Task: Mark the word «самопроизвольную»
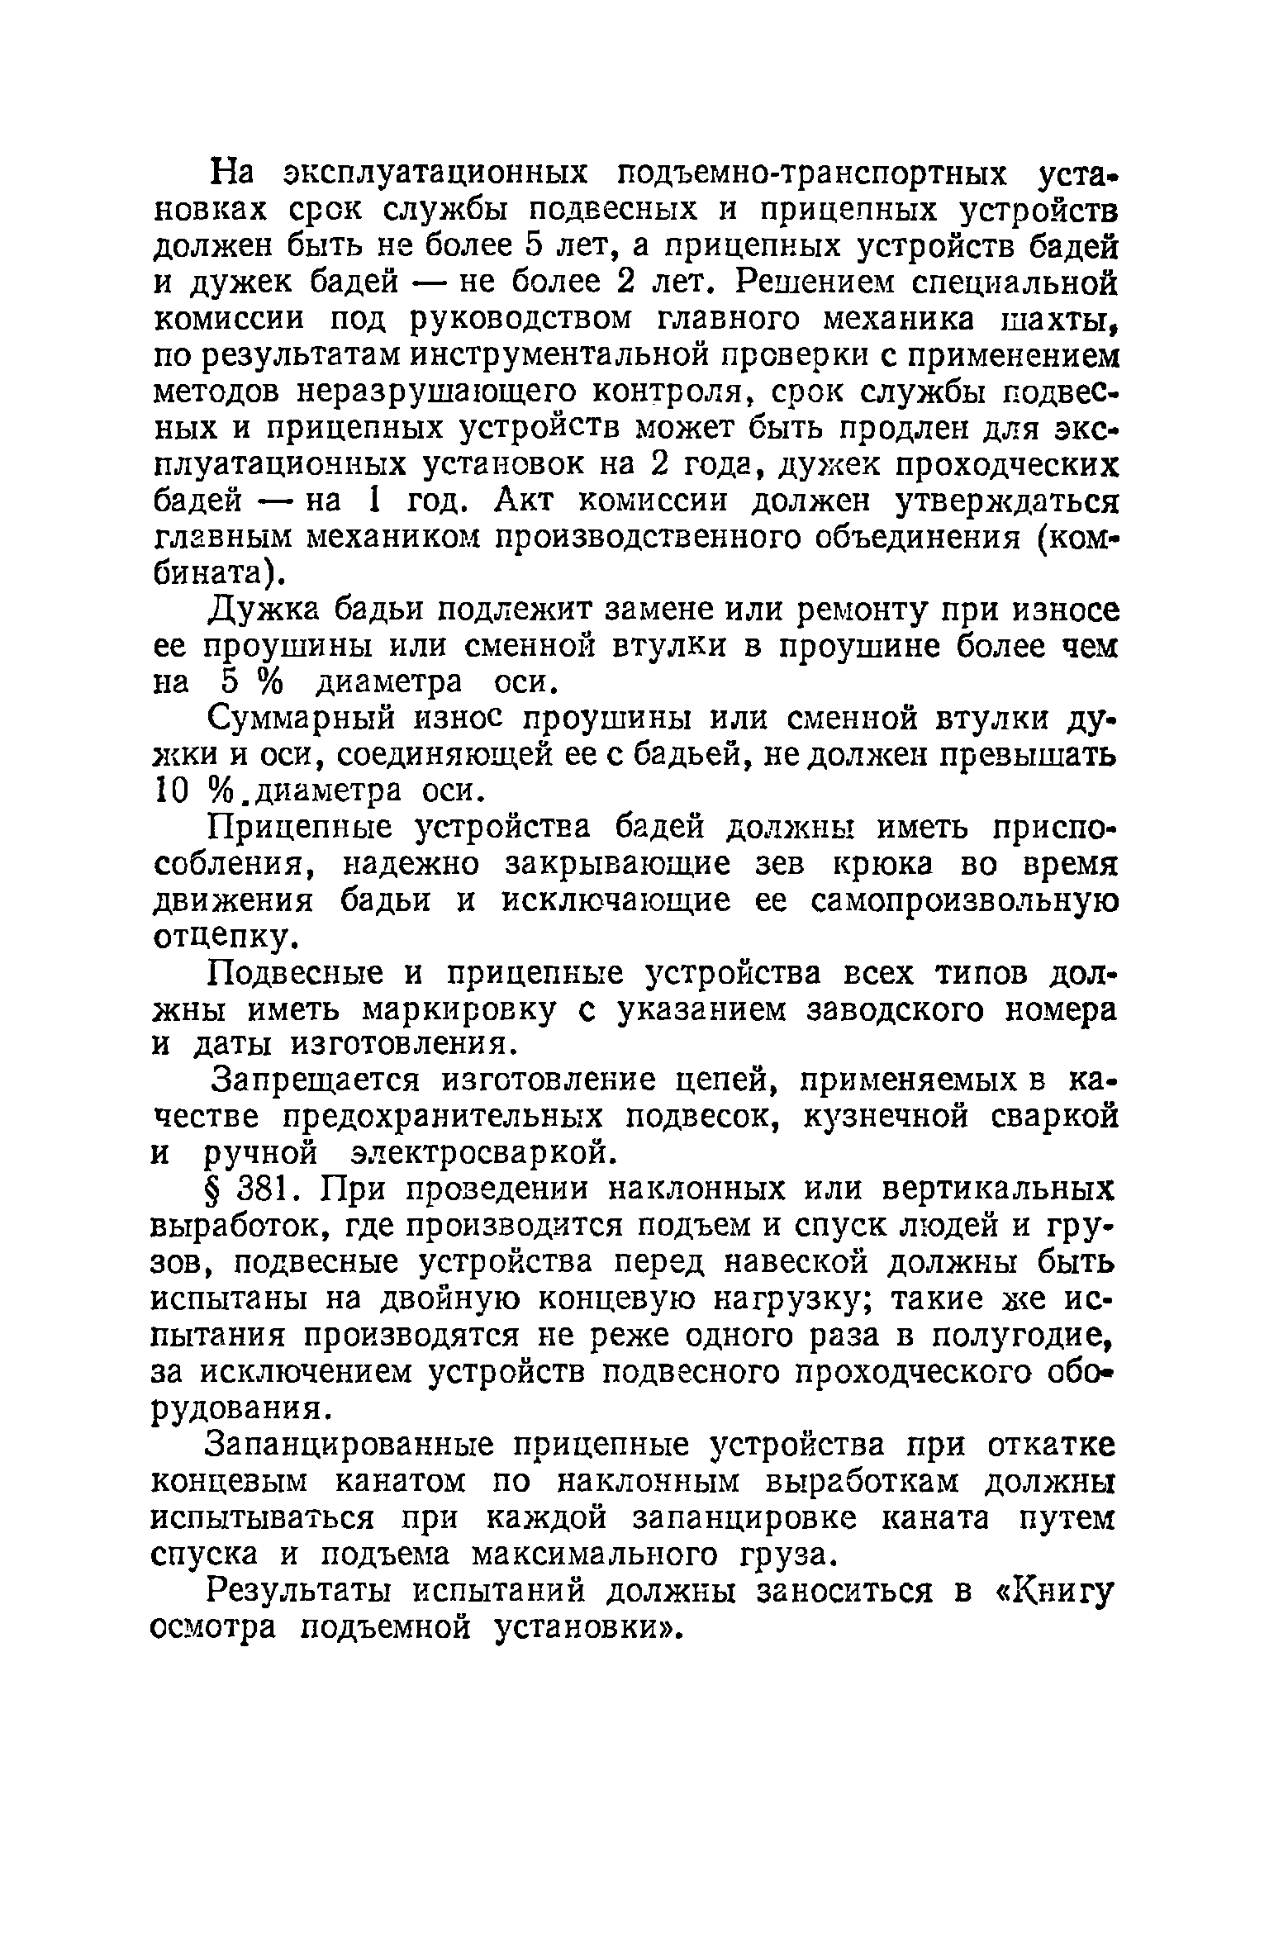tap(964, 900)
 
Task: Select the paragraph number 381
tap(266, 1189)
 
